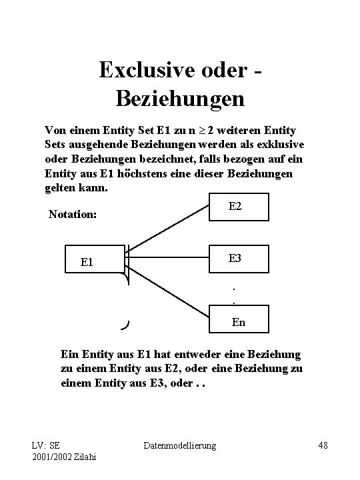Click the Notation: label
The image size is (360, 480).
(x=73, y=215)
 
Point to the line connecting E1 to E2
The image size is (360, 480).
(x=167, y=229)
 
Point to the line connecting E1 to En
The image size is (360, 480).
(x=167, y=287)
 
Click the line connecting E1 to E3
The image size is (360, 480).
(x=167, y=257)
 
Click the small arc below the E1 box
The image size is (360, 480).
(x=125, y=325)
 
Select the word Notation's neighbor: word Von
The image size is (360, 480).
(x=55, y=129)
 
